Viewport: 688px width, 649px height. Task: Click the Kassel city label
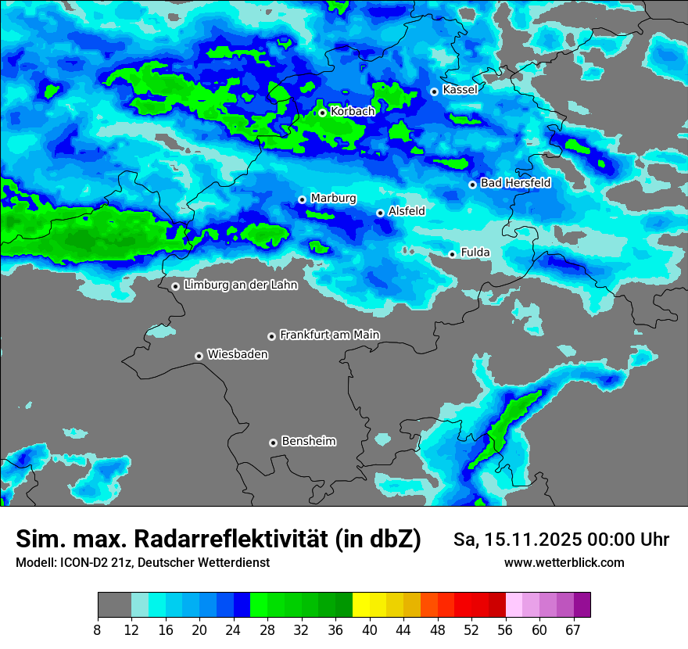click(460, 90)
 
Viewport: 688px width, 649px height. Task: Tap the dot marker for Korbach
click(322, 113)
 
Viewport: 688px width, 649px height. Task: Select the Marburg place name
click(333, 199)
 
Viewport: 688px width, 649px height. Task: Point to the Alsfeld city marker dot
click(380, 213)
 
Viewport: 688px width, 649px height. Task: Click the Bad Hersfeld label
click(515, 183)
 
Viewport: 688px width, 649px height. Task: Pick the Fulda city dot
click(452, 254)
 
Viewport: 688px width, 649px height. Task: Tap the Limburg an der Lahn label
click(241, 285)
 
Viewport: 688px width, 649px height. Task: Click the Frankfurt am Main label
click(329, 335)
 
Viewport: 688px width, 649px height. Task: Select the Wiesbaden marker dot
click(199, 356)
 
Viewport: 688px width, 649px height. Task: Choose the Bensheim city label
click(308, 442)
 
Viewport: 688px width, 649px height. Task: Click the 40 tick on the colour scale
click(370, 629)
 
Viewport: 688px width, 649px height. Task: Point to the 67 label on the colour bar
click(573, 629)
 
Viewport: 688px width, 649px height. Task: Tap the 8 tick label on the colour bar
click(98, 629)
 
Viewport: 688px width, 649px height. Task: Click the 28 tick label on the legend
click(267, 629)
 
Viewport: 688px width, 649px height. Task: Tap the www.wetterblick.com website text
click(564, 562)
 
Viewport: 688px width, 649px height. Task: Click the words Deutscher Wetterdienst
click(203, 563)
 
